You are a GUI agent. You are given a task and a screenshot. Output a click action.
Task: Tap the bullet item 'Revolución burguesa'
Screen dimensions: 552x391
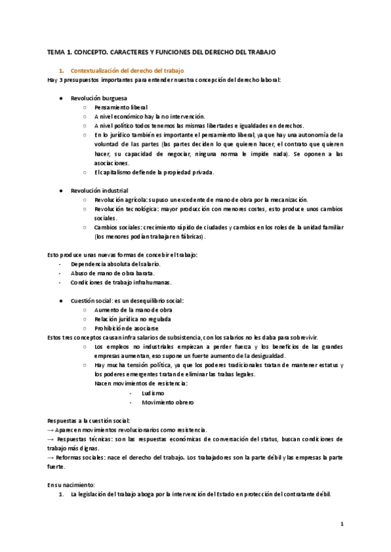pyautogui.click(x=99, y=98)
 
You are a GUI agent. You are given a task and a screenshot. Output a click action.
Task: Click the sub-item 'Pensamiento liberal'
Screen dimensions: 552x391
pyautogui.click(x=121, y=107)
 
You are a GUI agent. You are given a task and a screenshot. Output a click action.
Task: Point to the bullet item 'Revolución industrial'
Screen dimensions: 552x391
pyautogui.click(x=100, y=190)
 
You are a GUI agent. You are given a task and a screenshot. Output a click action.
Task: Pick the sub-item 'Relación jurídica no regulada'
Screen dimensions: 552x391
pyautogui.click(x=133, y=319)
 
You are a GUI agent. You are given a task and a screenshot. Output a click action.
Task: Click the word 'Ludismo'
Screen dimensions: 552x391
pyautogui.click(x=152, y=393)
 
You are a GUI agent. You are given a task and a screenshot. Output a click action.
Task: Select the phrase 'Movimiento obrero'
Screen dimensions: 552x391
pyautogui.click(x=167, y=402)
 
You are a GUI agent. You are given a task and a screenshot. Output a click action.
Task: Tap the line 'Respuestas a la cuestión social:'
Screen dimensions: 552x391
pyautogui.click(x=89, y=421)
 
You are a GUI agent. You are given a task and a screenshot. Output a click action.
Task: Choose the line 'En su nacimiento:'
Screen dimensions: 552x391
pyautogui.click(x=71, y=485)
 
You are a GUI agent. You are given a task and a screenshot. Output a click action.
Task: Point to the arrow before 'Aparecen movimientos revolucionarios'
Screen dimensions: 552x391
pyautogui.click(x=51, y=430)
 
